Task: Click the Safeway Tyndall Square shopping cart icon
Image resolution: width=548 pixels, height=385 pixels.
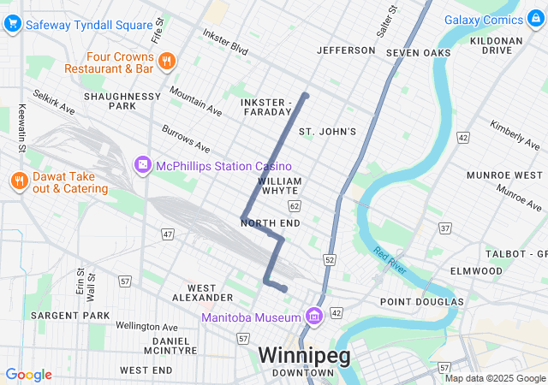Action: click(12, 25)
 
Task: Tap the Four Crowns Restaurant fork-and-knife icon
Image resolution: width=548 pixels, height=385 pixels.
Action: click(167, 61)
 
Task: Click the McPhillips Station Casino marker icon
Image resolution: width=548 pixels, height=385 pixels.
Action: click(142, 164)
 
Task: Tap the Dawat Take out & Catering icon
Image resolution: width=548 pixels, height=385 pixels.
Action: click(18, 181)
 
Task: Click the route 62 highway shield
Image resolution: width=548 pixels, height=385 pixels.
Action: click(295, 206)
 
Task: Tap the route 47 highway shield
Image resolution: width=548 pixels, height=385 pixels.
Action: click(168, 234)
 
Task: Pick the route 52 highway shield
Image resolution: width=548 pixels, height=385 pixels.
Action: click(329, 258)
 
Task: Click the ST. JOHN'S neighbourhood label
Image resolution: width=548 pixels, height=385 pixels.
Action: click(327, 132)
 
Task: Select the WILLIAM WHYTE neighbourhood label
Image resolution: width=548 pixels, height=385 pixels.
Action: click(279, 187)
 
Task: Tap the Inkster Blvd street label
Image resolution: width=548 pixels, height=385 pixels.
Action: click(224, 40)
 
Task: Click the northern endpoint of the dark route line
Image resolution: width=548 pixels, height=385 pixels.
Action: click(305, 95)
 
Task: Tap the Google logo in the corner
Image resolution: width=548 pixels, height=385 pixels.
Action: click(29, 375)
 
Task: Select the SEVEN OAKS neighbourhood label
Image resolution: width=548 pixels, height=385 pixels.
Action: click(418, 53)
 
